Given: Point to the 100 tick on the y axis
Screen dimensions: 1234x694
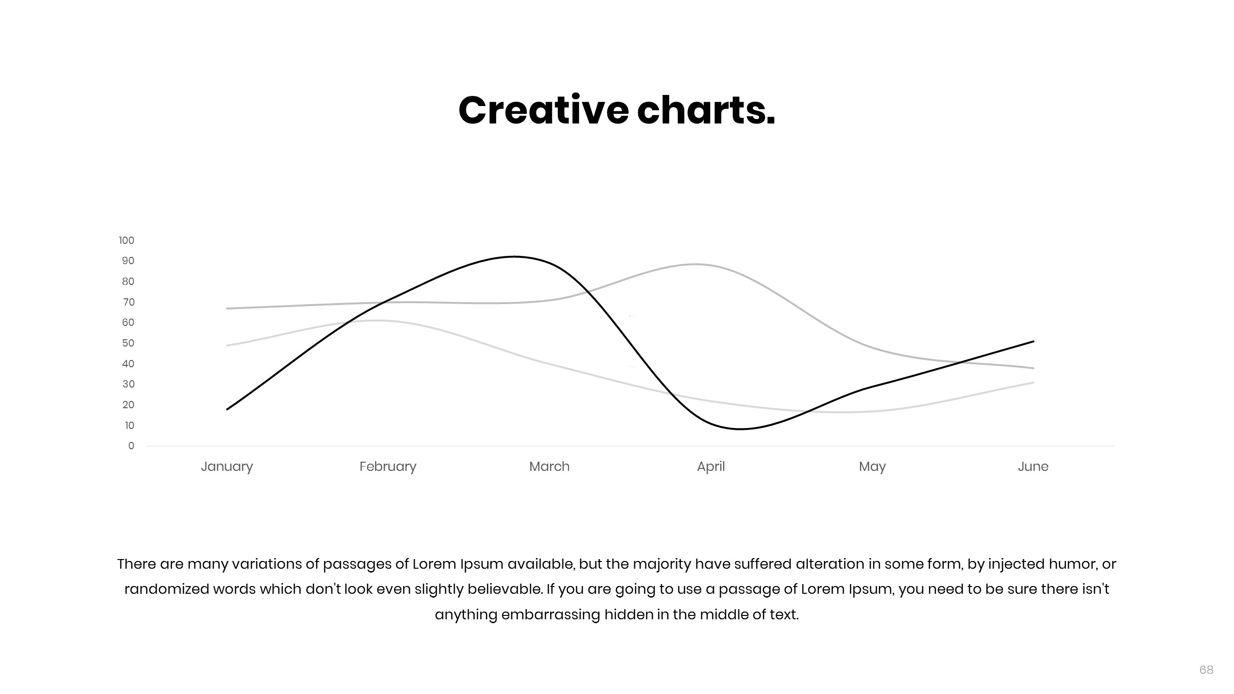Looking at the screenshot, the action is coord(127,240).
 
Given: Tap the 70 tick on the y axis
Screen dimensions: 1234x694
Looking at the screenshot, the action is coord(129,302).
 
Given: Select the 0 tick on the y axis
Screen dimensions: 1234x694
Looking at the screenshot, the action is coord(131,446).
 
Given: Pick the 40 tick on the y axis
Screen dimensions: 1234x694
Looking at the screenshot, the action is coord(128,364).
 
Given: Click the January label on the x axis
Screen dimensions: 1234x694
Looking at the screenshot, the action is coord(227,467).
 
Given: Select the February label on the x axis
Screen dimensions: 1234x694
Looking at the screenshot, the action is coord(388,467).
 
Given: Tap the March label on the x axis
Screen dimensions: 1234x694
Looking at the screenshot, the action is coord(550,467).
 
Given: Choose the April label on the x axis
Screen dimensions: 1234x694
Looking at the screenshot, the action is coord(711,467).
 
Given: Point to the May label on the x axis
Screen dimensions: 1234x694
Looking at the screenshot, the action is coord(872,467).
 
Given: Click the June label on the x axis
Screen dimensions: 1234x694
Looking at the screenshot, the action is coord(1033,467).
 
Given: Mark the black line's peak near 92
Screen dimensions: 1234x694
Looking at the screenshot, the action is coord(514,256).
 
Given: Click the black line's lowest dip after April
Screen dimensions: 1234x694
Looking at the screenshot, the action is coord(741,429).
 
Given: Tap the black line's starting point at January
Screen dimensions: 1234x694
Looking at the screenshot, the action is coord(227,409).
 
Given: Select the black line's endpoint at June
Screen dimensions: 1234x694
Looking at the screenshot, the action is coord(1033,341).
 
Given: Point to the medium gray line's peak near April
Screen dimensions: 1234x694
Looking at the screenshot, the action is coord(696,264).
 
